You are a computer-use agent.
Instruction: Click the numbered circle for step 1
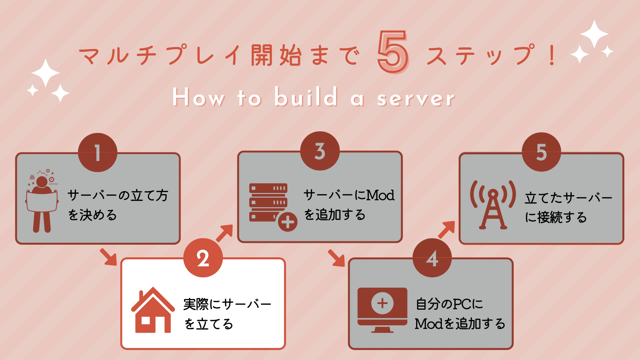[98, 153]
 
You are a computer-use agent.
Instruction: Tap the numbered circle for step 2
[203, 258]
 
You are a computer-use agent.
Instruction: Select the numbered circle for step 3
[320, 151]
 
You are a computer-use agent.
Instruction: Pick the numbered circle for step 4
[432, 258]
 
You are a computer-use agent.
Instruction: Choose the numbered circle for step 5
[542, 152]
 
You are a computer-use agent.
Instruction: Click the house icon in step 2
[153, 310]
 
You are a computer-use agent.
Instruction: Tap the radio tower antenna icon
[493, 205]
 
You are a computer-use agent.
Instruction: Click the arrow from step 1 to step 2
[108, 257]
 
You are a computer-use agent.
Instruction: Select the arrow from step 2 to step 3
[225, 233]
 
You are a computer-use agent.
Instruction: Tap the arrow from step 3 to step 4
[336, 258]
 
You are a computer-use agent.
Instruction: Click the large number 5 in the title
[393, 52]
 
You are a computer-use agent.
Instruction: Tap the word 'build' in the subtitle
[306, 97]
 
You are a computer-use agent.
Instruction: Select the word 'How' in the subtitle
[199, 97]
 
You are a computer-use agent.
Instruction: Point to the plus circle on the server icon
[288, 222]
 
